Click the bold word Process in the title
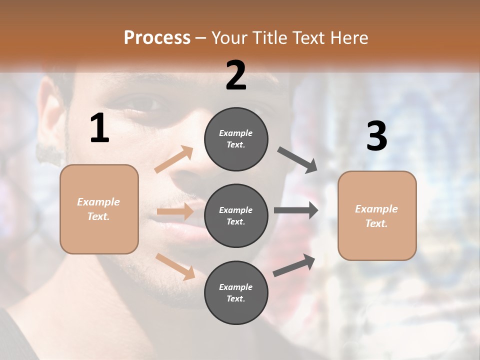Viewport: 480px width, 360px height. coord(157,38)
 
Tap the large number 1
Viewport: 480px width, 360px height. coord(99,128)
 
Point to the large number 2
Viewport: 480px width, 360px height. coord(236,75)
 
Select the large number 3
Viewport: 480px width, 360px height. coord(376,136)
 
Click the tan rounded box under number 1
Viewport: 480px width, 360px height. coord(99,209)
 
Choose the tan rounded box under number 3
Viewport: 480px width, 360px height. coord(377,215)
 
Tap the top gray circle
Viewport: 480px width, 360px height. coord(236,139)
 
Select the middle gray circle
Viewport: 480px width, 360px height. coord(236,215)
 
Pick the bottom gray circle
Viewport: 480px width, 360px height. coord(236,292)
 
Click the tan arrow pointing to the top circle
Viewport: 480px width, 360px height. coord(174,159)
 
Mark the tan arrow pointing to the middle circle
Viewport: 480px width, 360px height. coord(175,211)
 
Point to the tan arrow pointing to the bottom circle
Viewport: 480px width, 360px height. coord(175,266)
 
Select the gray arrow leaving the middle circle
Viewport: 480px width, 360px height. coord(296,210)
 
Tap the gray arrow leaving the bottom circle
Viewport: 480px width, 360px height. coord(294,265)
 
